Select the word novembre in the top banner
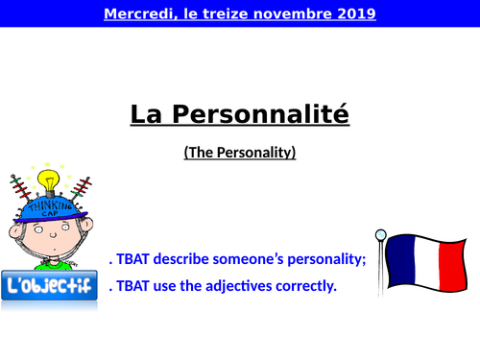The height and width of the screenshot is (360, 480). point(288,14)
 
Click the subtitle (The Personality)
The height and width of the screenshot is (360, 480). point(240,152)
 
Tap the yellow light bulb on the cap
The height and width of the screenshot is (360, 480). point(48,180)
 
